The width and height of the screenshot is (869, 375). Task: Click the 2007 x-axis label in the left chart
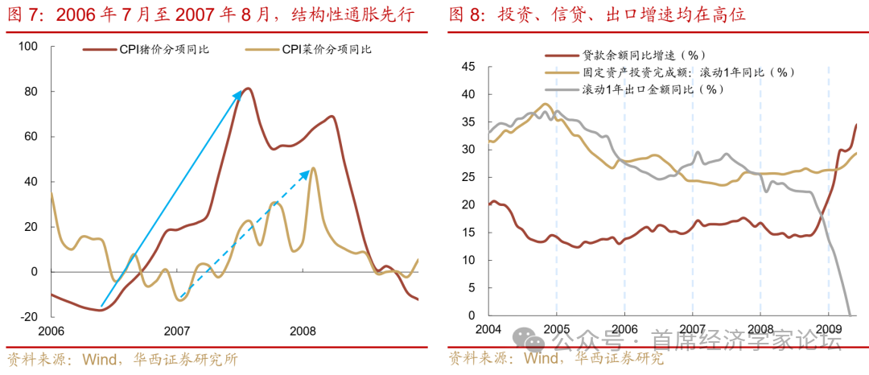tap(177, 331)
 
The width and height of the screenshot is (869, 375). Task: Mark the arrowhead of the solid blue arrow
tap(241, 93)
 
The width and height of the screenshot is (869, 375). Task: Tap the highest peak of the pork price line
tap(248, 89)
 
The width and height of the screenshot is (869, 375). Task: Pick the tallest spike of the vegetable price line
tap(313, 167)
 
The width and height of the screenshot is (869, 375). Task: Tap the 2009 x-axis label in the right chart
tap(828, 328)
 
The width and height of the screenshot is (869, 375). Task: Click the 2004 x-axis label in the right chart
tap(488, 328)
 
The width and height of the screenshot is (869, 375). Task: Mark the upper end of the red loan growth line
tap(856, 124)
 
